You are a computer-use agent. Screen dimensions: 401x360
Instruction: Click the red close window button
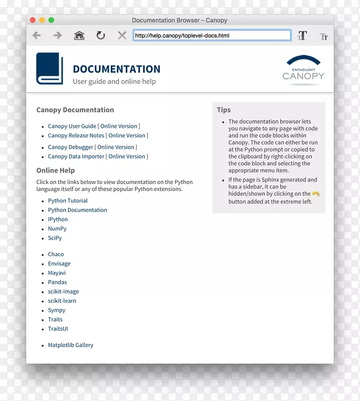pyautogui.click(x=33, y=20)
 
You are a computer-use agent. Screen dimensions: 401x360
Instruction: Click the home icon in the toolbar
pyautogui.click(x=79, y=36)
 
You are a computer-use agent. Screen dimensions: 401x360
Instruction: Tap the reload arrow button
pyautogui.click(x=101, y=36)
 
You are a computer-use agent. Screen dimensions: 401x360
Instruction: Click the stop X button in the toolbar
pyautogui.click(x=122, y=36)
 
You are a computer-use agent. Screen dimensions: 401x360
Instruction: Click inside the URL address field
pyautogui.click(x=212, y=36)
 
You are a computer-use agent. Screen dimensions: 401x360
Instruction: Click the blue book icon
pyautogui.click(x=50, y=69)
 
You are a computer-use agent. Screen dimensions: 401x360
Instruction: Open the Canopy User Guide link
pyautogui.click(x=72, y=126)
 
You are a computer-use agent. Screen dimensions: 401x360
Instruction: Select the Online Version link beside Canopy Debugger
pyautogui.click(x=116, y=147)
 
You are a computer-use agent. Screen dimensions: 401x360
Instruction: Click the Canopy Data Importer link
pyautogui.click(x=76, y=156)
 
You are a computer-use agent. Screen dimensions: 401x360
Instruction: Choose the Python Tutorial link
pyautogui.click(x=68, y=201)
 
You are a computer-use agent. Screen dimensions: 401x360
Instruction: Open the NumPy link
pyautogui.click(x=57, y=229)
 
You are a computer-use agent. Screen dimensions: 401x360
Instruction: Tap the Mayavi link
pyautogui.click(x=57, y=273)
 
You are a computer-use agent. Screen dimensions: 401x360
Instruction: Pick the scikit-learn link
pyautogui.click(x=62, y=301)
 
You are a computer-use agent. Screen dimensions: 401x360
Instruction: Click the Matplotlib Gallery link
pyautogui.click(x=71, y=345)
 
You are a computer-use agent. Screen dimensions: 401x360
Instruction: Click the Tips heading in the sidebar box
pyautogui.click(x=224, y=110)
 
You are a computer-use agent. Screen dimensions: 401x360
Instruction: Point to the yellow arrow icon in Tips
pyautogui.click(x=315, y=194)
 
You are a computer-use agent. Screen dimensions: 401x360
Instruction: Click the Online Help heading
pyautogui.click(x=55, y=170)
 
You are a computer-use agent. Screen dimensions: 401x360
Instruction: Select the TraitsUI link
pyautogui.click(x=58, y=329)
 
